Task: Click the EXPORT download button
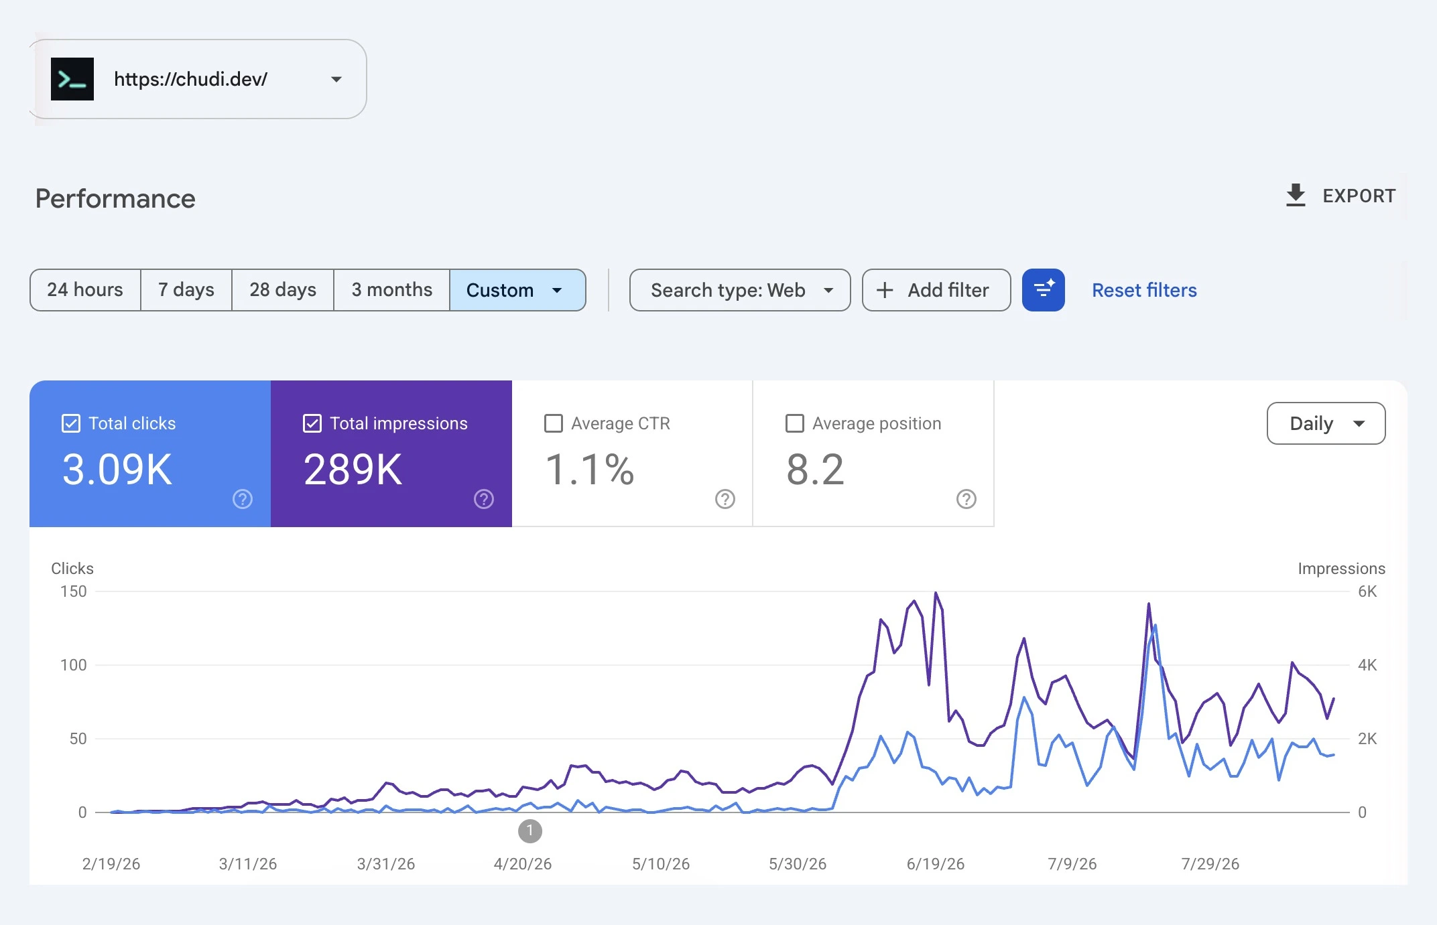[1340, 196]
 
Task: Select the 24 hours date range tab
[85, 290]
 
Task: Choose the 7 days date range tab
[186, 290]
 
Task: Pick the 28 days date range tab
[283, 290]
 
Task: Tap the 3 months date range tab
[392, 290]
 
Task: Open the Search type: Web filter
[740, 290]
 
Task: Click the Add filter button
[936, 290]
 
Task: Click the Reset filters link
[1144, 290]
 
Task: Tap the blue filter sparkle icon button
[1044, 290]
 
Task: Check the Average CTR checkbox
[554, 423]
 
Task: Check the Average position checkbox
[795, 423]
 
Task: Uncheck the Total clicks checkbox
[71, 423]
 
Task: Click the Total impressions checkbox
[312, 423]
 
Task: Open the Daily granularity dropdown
[1326, 423]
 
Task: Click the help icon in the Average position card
[966, 499]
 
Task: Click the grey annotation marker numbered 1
[530, 831]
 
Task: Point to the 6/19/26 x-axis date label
[936, 864]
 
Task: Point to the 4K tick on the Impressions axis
[1367, 665]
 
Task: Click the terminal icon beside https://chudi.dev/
[72, 79]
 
